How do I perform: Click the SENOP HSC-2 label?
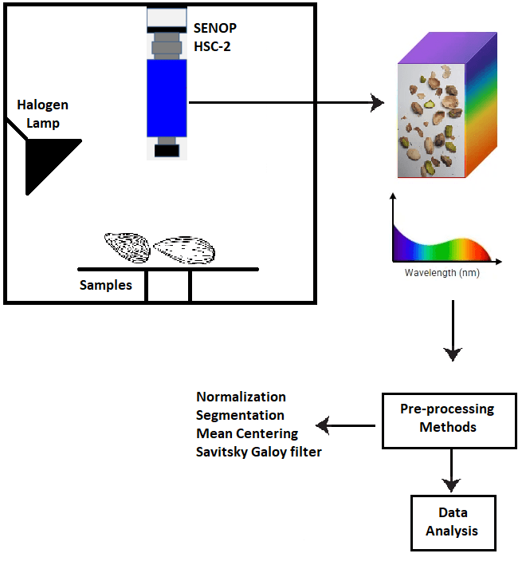click(x=215, y=37)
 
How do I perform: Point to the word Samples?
click(x=105, y=285)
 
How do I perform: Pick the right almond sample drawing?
click(x=185, y=250)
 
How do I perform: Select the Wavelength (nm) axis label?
click(x=441, y=272)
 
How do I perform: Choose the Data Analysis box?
click(x=452, y=521)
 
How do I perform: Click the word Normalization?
click(x=241, y=397)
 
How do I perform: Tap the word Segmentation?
click(x=240, y=415)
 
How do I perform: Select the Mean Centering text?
click(x=247, y=434)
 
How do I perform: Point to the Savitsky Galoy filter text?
click(x=259, y=453)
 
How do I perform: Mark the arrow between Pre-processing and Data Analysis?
click(x=452, y=470)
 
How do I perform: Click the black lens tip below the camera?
click(x=167, y=149)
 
